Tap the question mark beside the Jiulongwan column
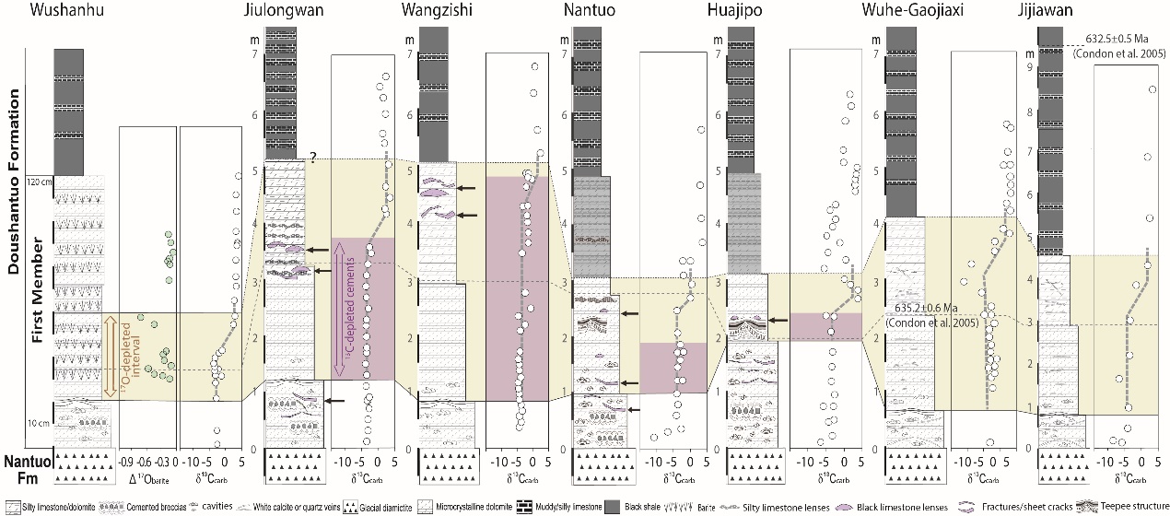313,158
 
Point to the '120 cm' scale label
39,182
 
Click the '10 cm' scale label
39,423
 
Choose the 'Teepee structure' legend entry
1130,506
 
